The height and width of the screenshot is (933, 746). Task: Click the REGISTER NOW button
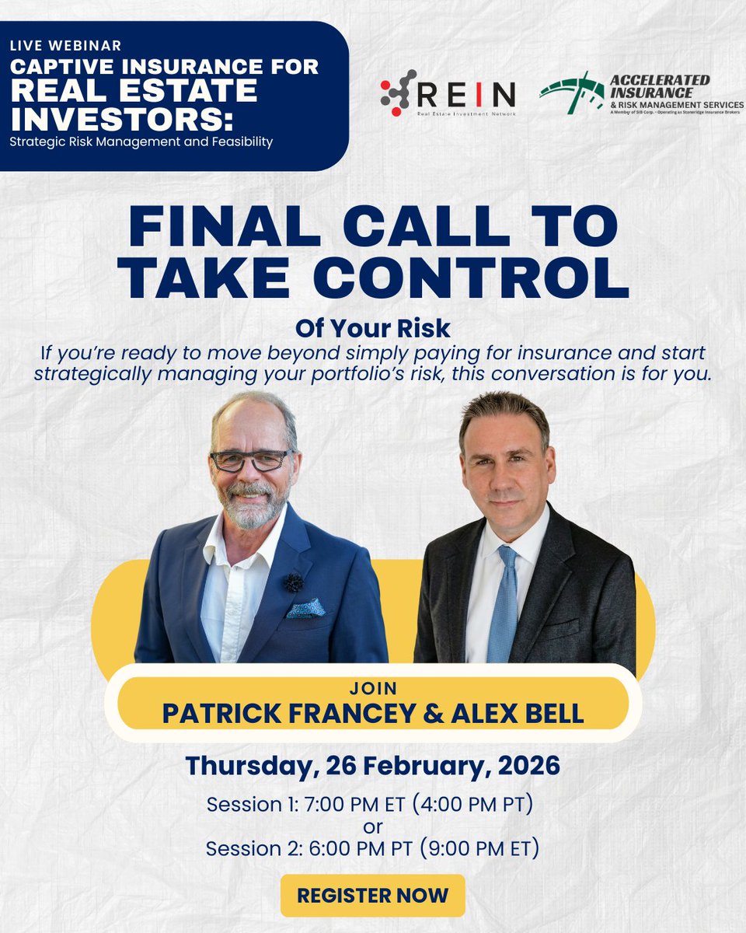(x=372, y=895)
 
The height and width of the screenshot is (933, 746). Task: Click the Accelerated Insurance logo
(x=640, y=94)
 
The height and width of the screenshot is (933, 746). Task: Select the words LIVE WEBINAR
(x=65, y=46)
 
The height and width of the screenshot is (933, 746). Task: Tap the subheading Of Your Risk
(x=372, y=327)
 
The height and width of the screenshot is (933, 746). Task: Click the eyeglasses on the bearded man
(x=250, y=460)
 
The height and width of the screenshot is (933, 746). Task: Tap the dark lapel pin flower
(x=293, y=582)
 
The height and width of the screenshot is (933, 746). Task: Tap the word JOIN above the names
(x=373, y=688)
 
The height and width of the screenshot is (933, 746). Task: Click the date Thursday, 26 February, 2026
(x=372, y=765)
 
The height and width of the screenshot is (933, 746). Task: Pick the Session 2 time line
(x=372, y=848)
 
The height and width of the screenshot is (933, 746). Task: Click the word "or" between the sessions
(x=372, y=826)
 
